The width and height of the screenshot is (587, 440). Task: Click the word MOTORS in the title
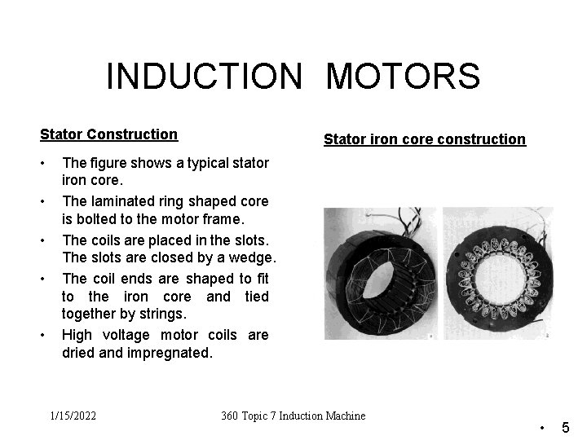pos(403,77)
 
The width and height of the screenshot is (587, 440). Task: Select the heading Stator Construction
pos(108,134)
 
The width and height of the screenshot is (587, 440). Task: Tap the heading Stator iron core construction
pos(425,139)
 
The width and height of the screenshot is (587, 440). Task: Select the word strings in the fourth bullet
pos(163,315)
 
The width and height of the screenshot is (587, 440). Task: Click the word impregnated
pos(171,353)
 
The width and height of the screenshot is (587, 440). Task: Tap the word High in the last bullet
pos(77,335)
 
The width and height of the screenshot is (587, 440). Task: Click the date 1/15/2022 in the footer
pos(73,416)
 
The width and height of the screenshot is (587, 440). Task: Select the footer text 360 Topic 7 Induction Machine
pos(293,416)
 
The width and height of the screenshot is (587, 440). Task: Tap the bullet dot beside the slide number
pos(542,427)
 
